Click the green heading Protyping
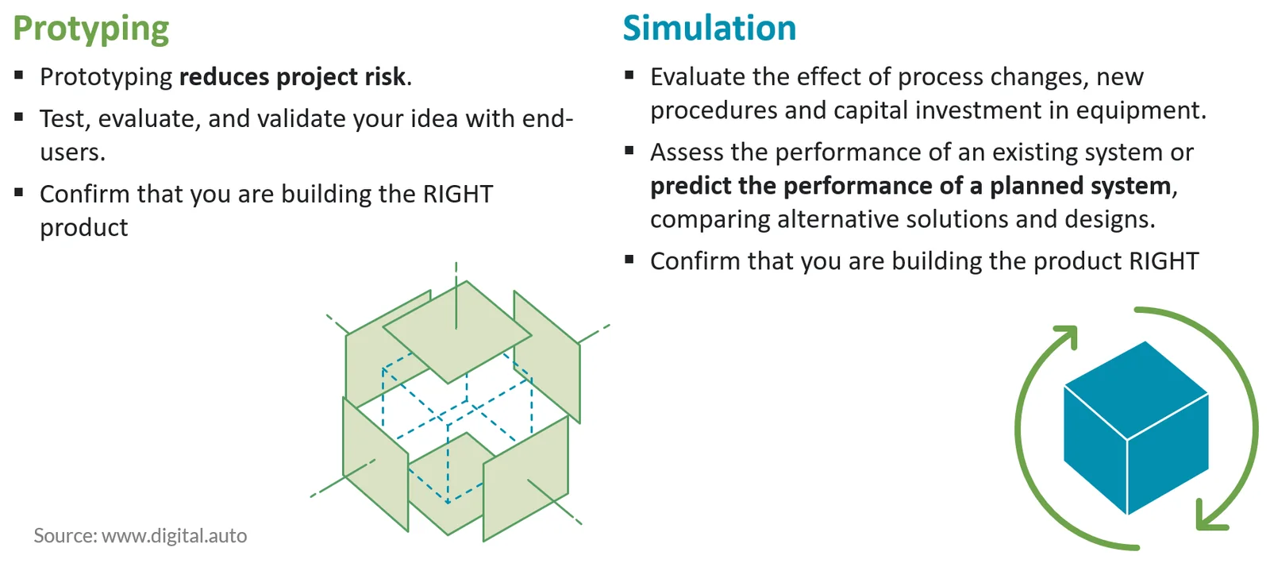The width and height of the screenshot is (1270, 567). click(x=90, y=29)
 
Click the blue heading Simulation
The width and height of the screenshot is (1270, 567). click(x=710, y=28)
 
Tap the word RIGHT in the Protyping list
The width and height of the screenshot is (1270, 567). click(x=457, y=194)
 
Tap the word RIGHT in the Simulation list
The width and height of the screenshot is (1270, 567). click(x=1164, y=260)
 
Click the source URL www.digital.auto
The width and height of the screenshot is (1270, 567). click(x=174, y=535)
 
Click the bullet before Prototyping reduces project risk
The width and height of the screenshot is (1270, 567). click(x=19, y=75)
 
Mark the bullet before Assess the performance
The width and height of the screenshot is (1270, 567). click(x=629, y=150)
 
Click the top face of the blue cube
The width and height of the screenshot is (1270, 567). click(x=1136, y=390)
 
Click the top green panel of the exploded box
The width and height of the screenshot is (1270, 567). click(x=457, y=332)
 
